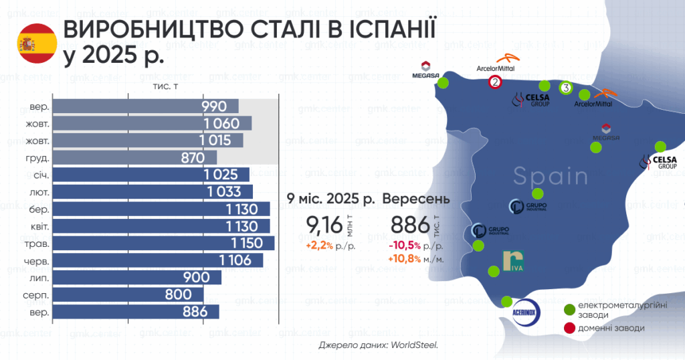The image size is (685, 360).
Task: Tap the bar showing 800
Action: [127, 294]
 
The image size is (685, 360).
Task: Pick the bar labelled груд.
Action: [134, 158]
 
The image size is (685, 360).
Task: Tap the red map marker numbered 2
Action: [495, 82]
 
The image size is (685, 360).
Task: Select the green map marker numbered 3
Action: [565, 88]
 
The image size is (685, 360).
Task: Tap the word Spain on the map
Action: [551, 177]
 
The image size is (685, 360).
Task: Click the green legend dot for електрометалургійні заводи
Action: [570, 309]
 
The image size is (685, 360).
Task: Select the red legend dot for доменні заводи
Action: [570, 328]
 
